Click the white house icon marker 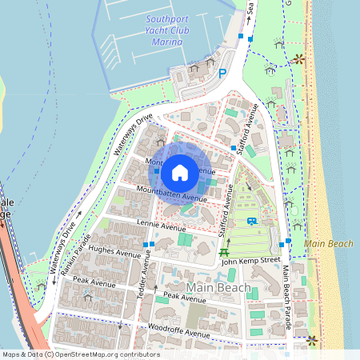[x=179, y=171]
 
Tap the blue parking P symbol [x=222, y=72]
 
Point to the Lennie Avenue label [x=160, y=228]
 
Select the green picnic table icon [x=224, y=254]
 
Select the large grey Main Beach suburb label [x=217, y=286]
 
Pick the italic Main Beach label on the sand [x=328, y=242]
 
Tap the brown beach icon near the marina [x=298, y=58]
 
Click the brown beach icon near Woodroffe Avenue [x=312, y=339]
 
